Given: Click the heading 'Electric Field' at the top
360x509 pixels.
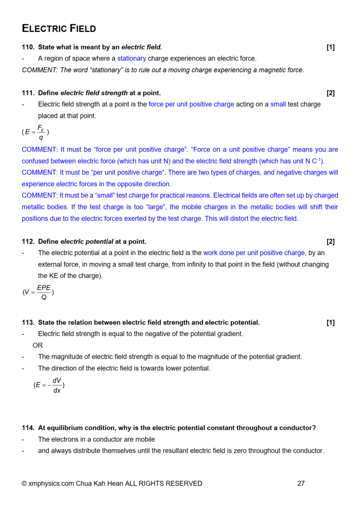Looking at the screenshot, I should (59, 28).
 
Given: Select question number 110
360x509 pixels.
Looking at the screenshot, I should (28, 47).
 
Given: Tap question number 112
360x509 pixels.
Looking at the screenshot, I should (28, 242).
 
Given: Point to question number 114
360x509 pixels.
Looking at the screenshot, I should (28, 428).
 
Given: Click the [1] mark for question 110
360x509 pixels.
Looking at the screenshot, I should (331, 47).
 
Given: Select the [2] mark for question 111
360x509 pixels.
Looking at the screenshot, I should (331, 93).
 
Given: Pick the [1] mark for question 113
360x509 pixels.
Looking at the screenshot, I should (331, 323).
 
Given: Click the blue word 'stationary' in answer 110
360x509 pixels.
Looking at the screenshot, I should (132, 59).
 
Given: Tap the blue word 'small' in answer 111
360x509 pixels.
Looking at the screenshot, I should (278, 104).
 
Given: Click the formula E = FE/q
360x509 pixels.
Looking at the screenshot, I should (35, 132).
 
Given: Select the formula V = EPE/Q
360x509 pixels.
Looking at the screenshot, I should (38, 292).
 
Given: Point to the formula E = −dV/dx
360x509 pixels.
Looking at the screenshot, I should (49, 385).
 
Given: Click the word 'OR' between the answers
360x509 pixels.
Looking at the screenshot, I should (38, 345).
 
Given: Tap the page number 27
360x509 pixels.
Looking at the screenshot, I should (301, 483).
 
